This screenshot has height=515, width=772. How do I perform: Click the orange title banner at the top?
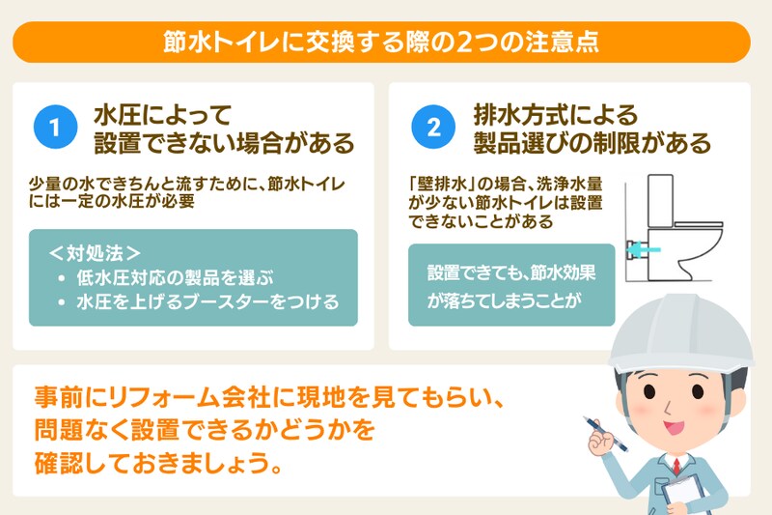386,43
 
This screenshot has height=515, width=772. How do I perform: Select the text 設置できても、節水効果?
511,272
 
